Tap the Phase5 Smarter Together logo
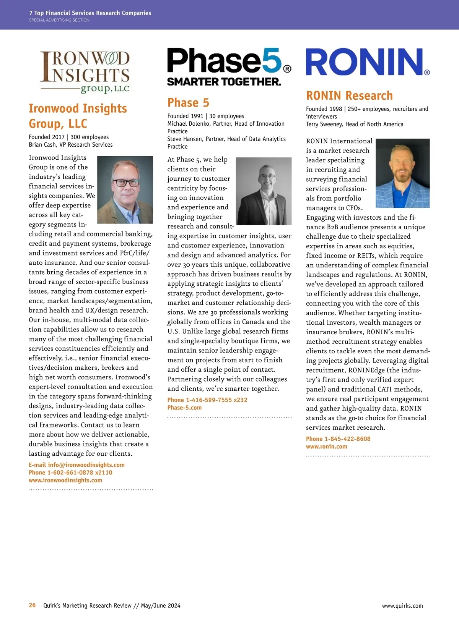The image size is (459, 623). (x=229, y=67)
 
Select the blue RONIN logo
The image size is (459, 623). (x=367, y=62)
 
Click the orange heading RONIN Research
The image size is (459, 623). (x=349, y=95)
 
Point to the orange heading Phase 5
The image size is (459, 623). (x=188, y=103)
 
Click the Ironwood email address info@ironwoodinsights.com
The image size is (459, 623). (x=86, y=465)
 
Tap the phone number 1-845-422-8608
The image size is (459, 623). (x=347, y=439)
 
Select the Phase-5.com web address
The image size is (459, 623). (x=184, y=408)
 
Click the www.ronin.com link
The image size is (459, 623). (x=326, y=447)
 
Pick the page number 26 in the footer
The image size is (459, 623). (x=32, y=605)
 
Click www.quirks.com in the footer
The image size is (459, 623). (x=402, y=606)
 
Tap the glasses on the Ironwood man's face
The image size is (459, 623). (x=125, y=183)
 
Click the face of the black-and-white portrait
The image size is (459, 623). (x=267, y=178)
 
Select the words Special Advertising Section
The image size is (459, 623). (x=59, y=20)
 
